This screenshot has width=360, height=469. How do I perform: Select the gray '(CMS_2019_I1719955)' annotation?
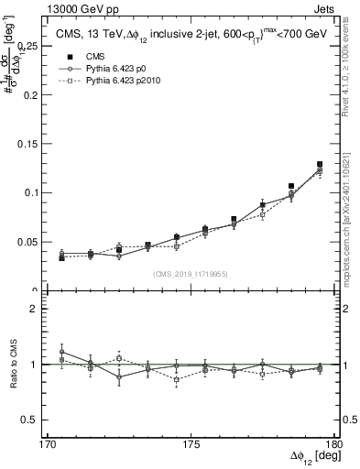[x=191, y=273]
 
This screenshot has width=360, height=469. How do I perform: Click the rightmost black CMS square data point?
[x=320, y=165]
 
